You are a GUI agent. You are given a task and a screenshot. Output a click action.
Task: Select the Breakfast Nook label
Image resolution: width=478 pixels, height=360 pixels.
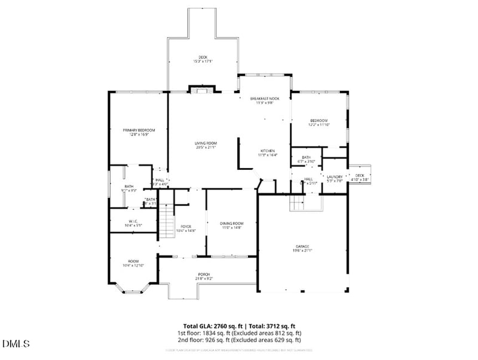(x=265, y=100)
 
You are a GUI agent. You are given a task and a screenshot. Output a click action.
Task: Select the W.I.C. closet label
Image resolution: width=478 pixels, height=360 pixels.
(x=133, y=223)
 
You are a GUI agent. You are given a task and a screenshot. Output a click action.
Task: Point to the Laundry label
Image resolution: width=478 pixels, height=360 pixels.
(x=335, y=178)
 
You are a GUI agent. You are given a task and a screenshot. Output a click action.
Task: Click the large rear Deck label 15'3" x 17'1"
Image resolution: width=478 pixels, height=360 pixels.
(x=203, y=59)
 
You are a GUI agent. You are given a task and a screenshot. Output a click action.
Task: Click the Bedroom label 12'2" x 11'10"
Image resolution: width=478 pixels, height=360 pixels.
(x=318, y=123)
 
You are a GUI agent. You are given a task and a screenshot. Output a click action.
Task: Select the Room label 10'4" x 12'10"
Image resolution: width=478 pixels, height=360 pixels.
(x=133, y=263)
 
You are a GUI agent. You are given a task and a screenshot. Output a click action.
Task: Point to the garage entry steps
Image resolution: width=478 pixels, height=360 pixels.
(x=298, y=203)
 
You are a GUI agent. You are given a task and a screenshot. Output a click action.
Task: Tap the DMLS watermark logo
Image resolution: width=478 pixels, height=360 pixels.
(x=16, y=343)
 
